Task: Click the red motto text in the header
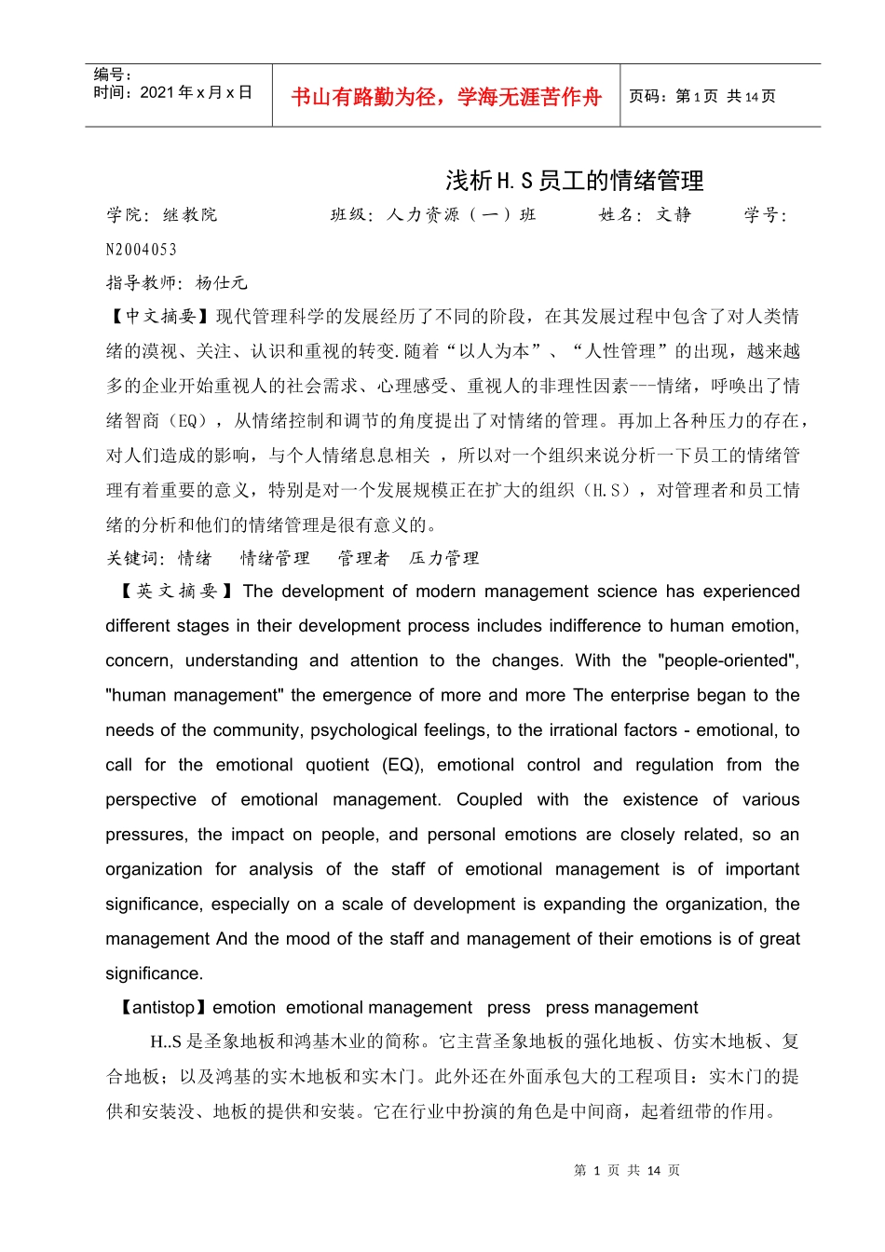(x=446, y=97)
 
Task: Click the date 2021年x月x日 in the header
(x=196, y=92)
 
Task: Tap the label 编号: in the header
(x=113, y=75)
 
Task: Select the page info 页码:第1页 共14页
(x=701, y=96)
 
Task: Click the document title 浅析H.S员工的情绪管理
(x=574, y=180)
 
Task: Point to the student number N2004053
(x=142, y=250)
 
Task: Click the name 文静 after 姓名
(x=674, y=215)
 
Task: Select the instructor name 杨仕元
(x=222, y=283)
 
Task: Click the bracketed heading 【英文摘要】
(x=177, y=592)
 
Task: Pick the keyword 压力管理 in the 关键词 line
(x=444, y=559)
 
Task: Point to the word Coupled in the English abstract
(x=489, y=799)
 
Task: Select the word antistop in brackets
(x=164, y=1008)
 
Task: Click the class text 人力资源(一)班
(x=461, y=215)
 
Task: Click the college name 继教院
(x=190, y=215)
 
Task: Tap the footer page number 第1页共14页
(x=627, y=1170)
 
